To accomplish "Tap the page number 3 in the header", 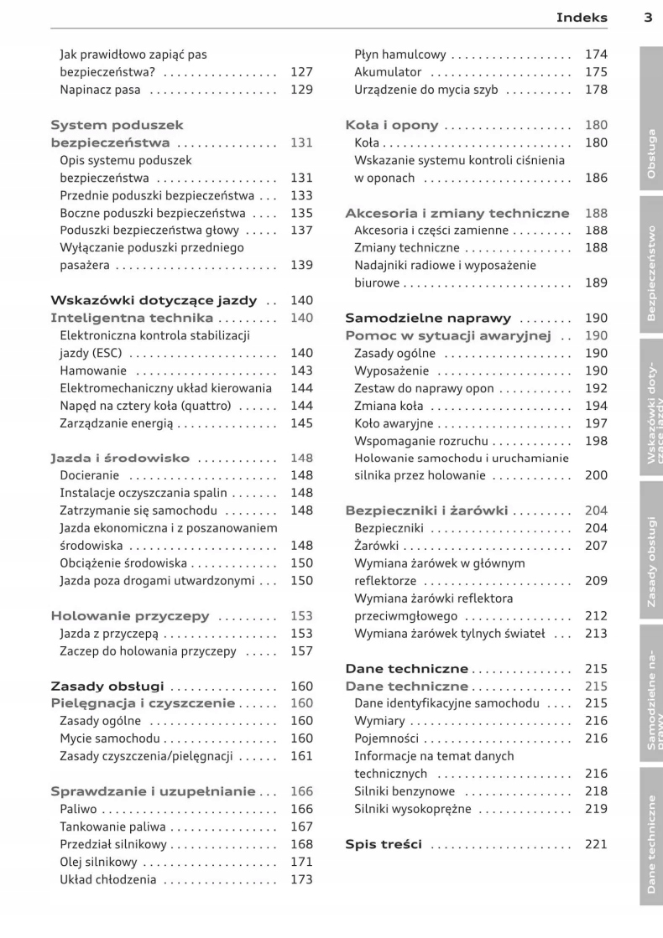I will (x=648, y=17).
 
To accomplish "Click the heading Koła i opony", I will (x=392, y=126).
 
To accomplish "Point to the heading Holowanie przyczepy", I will (x=130, y=616).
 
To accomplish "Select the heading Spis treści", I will (x=384, y=844).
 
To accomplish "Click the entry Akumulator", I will (x=388, y=72).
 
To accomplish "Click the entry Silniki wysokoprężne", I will (x=413, y=809).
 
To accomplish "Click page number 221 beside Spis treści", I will (x=596, y=844).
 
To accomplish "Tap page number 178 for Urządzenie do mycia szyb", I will (x=596, y=90).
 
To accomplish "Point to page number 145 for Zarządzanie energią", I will (x=301, y=423).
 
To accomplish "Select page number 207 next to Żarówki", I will (x=596, y=546).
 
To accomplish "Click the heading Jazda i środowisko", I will (x=120, y=459).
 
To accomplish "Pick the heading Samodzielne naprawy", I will (x=428, y=319).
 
